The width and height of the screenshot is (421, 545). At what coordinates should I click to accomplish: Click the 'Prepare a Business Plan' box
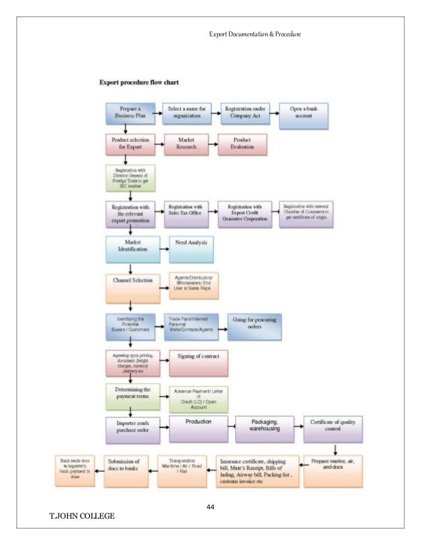pos(129,113)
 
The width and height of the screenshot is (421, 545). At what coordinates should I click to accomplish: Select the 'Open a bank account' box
pos(304,113)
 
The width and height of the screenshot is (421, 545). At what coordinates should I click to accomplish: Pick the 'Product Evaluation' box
pos(242,144)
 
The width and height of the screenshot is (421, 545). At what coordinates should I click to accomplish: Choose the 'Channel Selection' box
pos(132,280)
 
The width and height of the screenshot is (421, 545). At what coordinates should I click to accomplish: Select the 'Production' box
pos(198,428)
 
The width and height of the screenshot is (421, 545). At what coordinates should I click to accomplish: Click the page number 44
pos(211,507)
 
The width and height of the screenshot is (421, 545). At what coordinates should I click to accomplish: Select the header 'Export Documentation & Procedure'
pos(255,32)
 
